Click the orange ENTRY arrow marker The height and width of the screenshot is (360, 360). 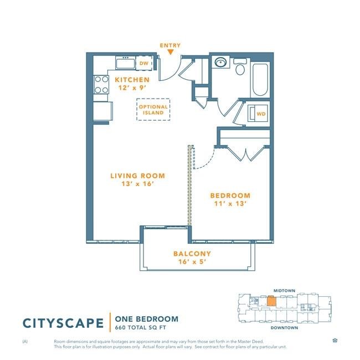(x=170, y=53)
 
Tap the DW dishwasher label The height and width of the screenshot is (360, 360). (x=144, y=63)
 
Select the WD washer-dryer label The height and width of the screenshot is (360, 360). (x=261, y=114)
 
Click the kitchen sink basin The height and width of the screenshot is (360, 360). (x=125, y=64)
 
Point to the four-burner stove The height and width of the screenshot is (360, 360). (x=101, y=85)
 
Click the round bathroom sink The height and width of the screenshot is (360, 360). (x=220, y=62)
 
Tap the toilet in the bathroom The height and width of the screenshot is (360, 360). (x=240, y=66)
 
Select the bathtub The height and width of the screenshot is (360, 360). (x=260, y=80)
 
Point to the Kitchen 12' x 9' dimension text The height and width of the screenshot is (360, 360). (x=132, y=88)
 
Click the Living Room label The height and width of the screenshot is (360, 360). (x=138, y=176)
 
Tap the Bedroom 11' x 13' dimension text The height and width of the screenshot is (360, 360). (x=230, y=204)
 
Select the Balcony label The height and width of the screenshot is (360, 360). (x=192, y=254)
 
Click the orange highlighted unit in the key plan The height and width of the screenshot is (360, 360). (x=271, y=301)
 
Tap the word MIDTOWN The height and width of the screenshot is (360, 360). (x=284, y=291)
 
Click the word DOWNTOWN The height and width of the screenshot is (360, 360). (x=284, y=328)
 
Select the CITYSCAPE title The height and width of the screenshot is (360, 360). (x=63, y=323)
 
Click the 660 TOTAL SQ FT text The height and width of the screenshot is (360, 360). (x=141, y=328)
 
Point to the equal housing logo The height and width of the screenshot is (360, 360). (x=335, y=340)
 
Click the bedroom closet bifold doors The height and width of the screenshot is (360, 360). (x=246, y=153)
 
